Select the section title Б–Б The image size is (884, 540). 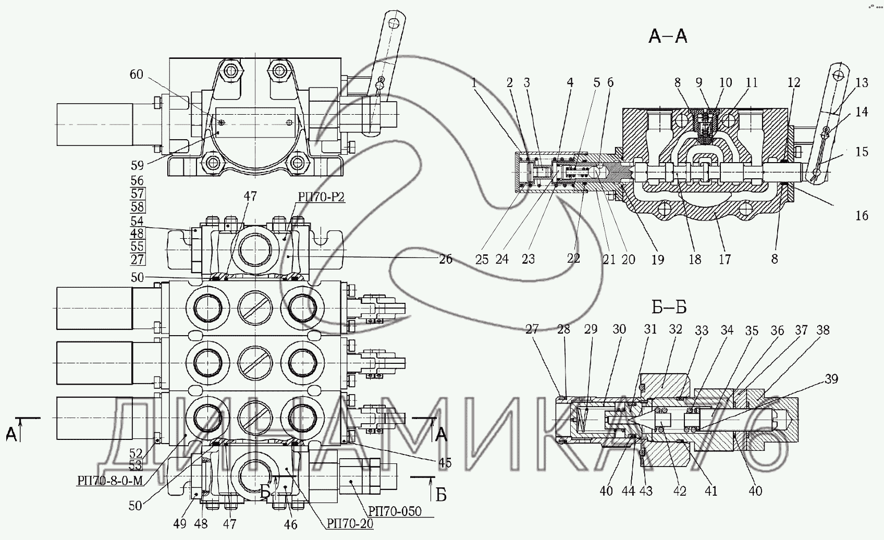[669, 308]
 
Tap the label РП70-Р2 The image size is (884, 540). [322, 197]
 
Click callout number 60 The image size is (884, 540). [136, 75]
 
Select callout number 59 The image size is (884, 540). [137, 166]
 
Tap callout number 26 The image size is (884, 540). [446, 259]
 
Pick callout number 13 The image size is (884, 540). [862, 82]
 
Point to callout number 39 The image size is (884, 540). [831, 379]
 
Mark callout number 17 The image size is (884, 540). [725, 259]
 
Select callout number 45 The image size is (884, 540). [445, 462]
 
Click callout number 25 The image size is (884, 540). [482, 259]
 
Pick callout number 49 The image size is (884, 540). [180, 524]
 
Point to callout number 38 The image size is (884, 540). [823, 330]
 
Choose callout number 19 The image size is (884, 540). [658, 259]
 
